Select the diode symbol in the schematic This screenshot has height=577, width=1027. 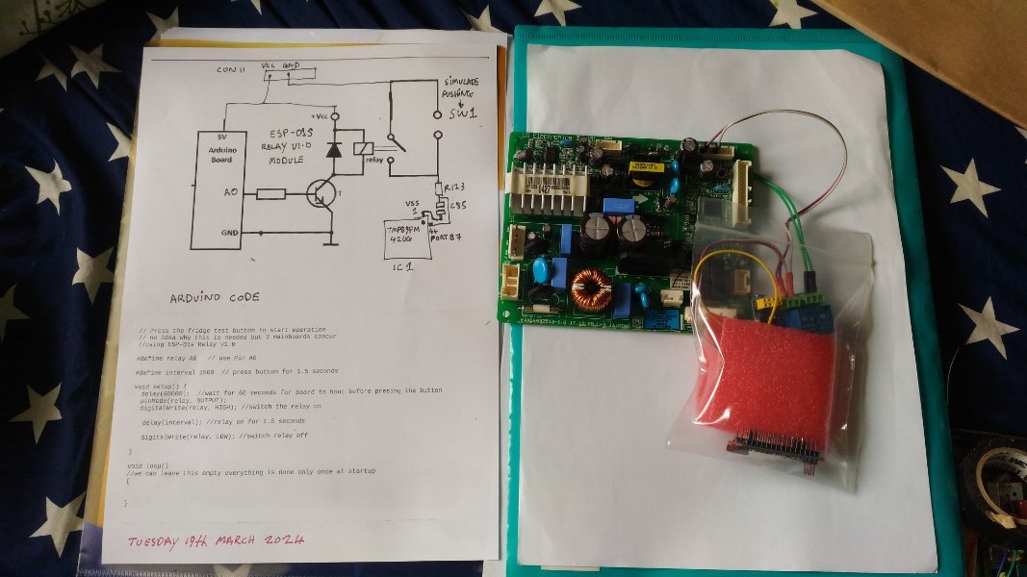333,150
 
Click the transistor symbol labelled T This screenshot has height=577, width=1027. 320,193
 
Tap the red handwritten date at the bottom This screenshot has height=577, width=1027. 218,540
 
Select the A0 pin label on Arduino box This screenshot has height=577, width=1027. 231,191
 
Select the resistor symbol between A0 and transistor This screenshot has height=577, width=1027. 271,194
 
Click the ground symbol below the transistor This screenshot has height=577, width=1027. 332,242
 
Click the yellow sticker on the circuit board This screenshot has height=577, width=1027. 642,167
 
